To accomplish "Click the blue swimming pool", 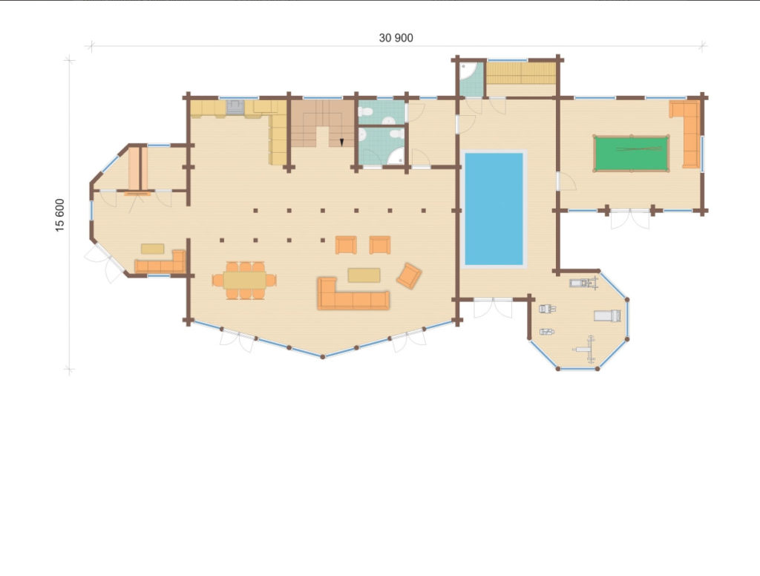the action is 494,209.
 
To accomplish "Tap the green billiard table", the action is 631,154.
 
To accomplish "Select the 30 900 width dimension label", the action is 396,38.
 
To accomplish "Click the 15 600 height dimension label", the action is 59,215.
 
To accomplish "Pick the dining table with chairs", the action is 245,281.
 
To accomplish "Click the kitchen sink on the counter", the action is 235,107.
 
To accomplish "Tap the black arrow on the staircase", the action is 341,142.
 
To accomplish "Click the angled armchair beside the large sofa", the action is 409,276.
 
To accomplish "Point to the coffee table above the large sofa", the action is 364,275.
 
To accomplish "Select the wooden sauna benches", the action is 521,73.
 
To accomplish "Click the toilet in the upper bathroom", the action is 365,112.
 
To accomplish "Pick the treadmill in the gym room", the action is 607,315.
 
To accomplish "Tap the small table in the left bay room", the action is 152,249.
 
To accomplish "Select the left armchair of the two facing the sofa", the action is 346,245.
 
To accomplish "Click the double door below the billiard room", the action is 629,219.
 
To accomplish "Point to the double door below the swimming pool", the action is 493,309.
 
